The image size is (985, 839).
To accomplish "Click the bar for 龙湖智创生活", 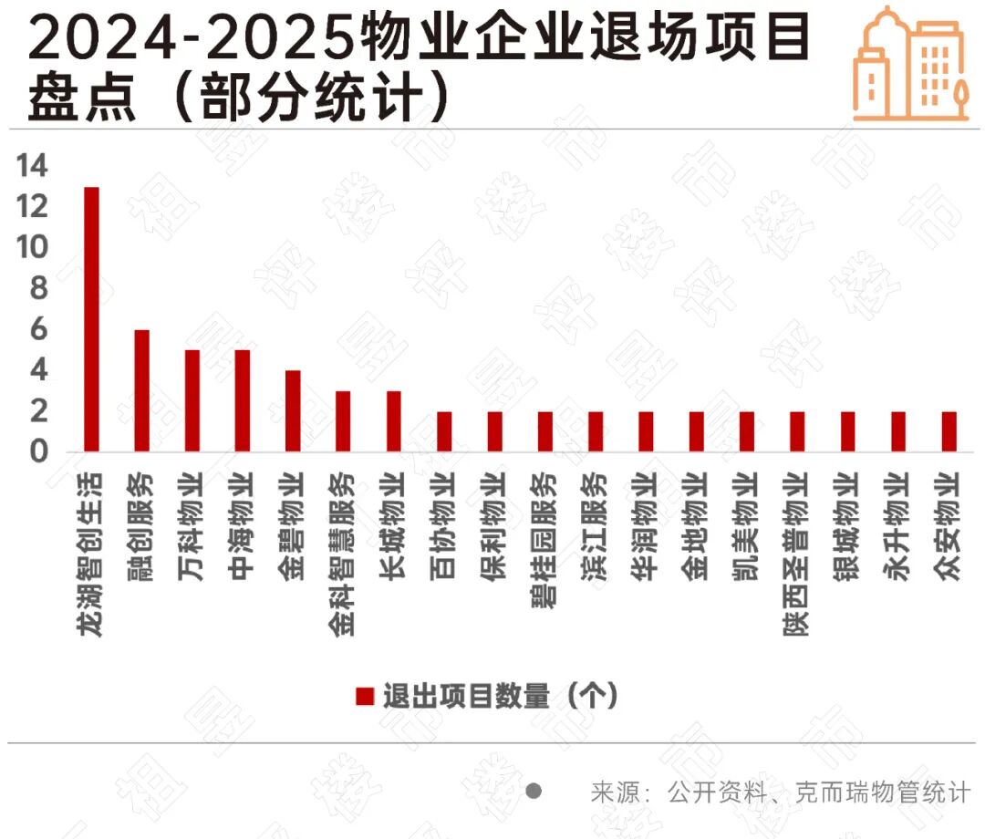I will [x=91, y=319].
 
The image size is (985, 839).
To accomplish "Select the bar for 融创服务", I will [x=141, y=390].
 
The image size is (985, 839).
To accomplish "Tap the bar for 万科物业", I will [x=192, y=400].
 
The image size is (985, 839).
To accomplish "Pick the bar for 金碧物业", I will [x=293, y=410].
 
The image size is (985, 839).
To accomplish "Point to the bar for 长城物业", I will [x=394, y=421].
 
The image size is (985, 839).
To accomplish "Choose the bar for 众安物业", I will [x=949, y=431].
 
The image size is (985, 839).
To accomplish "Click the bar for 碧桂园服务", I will [x=544, y=431].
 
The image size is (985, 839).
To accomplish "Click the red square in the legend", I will [x=365, y=697].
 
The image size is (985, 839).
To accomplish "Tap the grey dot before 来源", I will [x=534, y=791].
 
